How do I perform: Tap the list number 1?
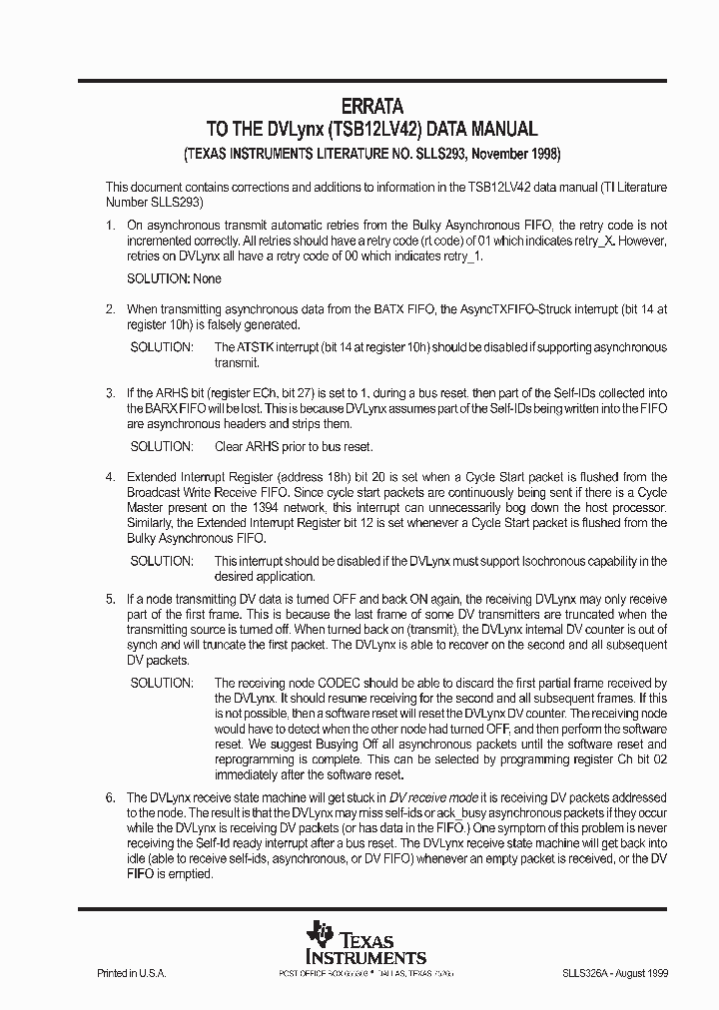pyautogui.click(x=111, y=227)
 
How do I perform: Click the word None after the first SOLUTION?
pyautogui.click(x=208, y=278)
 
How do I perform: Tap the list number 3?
pyautogui.click(x=111, y=395)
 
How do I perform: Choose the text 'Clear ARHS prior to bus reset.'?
pyautogui.click(x=294, y=446)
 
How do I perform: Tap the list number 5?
pyautogui.click(x=111, y=599)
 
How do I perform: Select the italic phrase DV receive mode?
pyautogui.click(x=434, y=798)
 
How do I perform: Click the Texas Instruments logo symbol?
pyautogui.click(x=320, y=935)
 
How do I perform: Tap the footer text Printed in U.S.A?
pyautogui.click(x=131, y=972)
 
